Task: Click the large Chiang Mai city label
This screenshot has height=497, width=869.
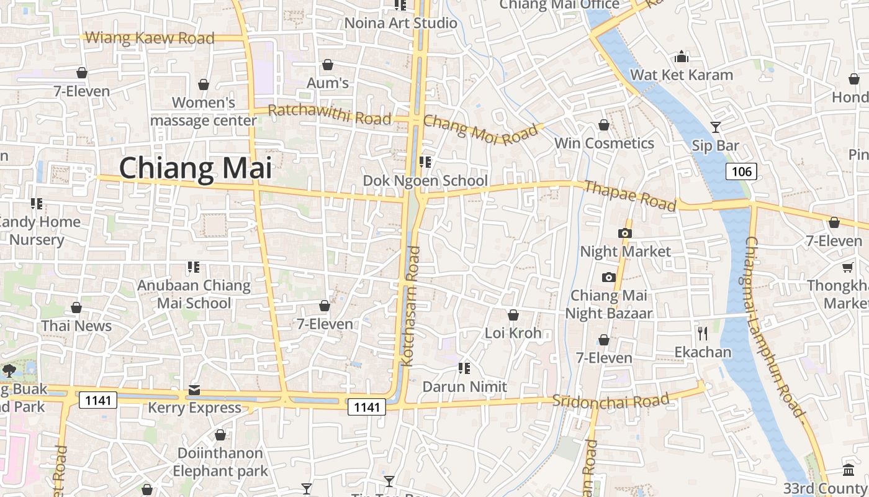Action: point(196,169)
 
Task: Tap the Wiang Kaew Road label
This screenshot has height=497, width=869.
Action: point(150,38)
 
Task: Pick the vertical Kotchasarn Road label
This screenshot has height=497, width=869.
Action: point(412,306)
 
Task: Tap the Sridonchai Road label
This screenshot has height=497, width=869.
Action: point(611,401)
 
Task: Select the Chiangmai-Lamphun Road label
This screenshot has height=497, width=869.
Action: point(773,326)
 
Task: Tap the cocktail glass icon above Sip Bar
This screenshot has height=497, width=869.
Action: point(716,127)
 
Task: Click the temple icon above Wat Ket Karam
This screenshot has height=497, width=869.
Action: point(682,57)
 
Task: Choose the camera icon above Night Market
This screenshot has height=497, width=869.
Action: point(625,234)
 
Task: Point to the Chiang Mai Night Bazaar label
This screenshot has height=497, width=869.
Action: point(609,304)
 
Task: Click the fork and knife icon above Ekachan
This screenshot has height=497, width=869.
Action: point(703,334)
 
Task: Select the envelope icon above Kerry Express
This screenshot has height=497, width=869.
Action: point(194,390)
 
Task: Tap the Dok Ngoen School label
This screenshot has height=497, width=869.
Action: point(425,181)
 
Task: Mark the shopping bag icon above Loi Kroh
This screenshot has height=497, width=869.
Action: point(513,315)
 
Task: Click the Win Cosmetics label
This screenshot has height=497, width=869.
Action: point(604,144)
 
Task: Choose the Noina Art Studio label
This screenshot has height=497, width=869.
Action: point(400,23)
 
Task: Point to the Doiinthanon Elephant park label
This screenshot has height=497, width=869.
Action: point(220,462)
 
